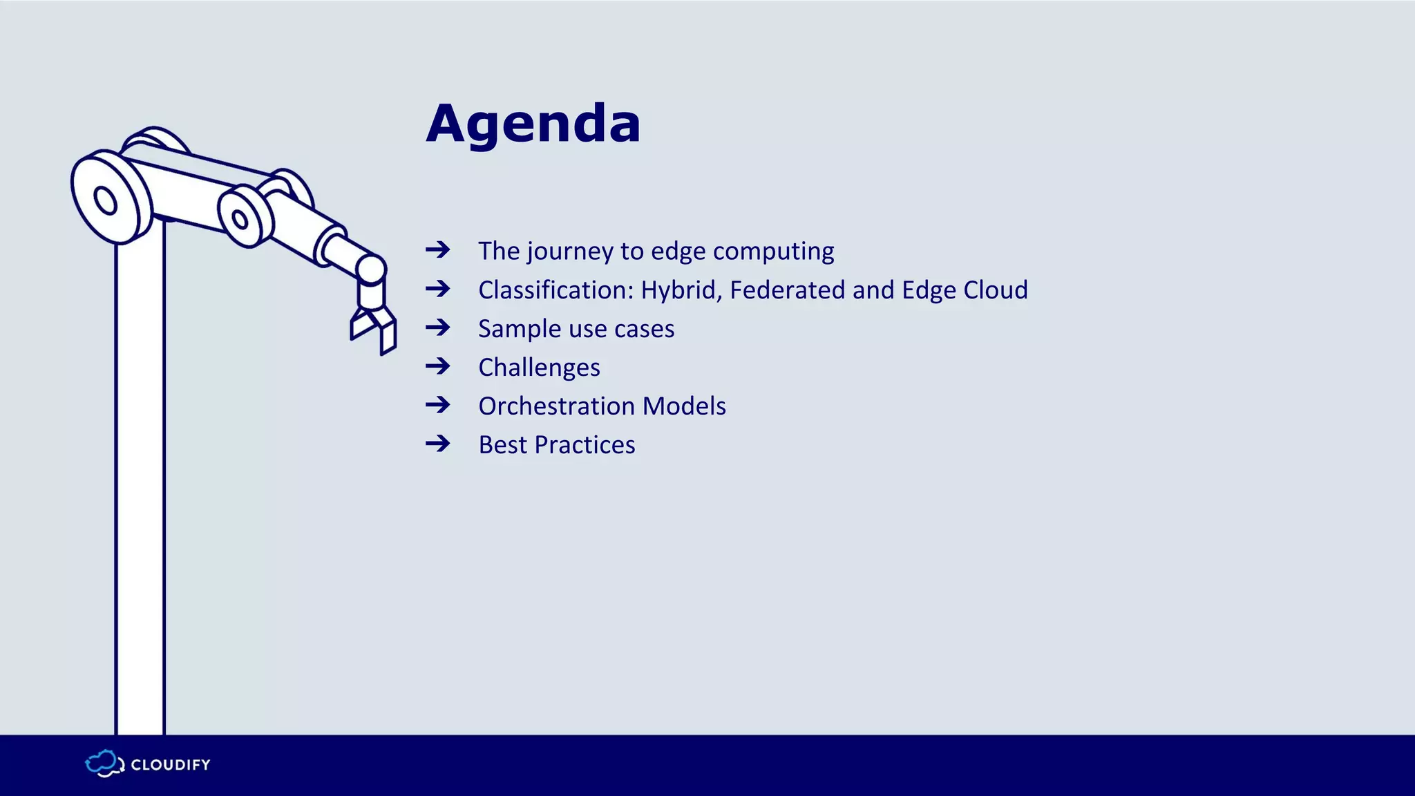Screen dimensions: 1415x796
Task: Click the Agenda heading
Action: (x=533, y=124)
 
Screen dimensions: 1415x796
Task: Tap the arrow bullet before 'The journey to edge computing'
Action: (x=438, y=249)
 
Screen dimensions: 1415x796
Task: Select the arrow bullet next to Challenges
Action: (x=438, y=366)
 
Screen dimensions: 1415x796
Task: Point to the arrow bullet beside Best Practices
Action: (x=438, y=443)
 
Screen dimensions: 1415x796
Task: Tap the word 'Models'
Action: (x=684, y=406)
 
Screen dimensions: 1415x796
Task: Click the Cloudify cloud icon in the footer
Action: (x=104, y=764)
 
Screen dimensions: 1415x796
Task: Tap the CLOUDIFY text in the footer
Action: (x=171, y=765)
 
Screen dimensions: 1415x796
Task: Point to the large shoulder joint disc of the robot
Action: (x=111, y=198)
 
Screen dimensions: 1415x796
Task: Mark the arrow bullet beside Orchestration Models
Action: (x=438, y=404)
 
